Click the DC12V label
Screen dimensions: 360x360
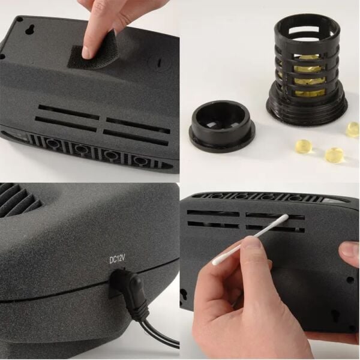(x=117, y=260)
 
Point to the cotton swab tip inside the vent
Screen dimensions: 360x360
(x=286, y=218)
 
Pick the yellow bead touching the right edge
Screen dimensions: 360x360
(x=353, y=130)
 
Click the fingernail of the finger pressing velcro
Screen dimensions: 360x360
(x=86, y=52)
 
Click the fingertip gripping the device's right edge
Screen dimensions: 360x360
(x=350, y=251)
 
